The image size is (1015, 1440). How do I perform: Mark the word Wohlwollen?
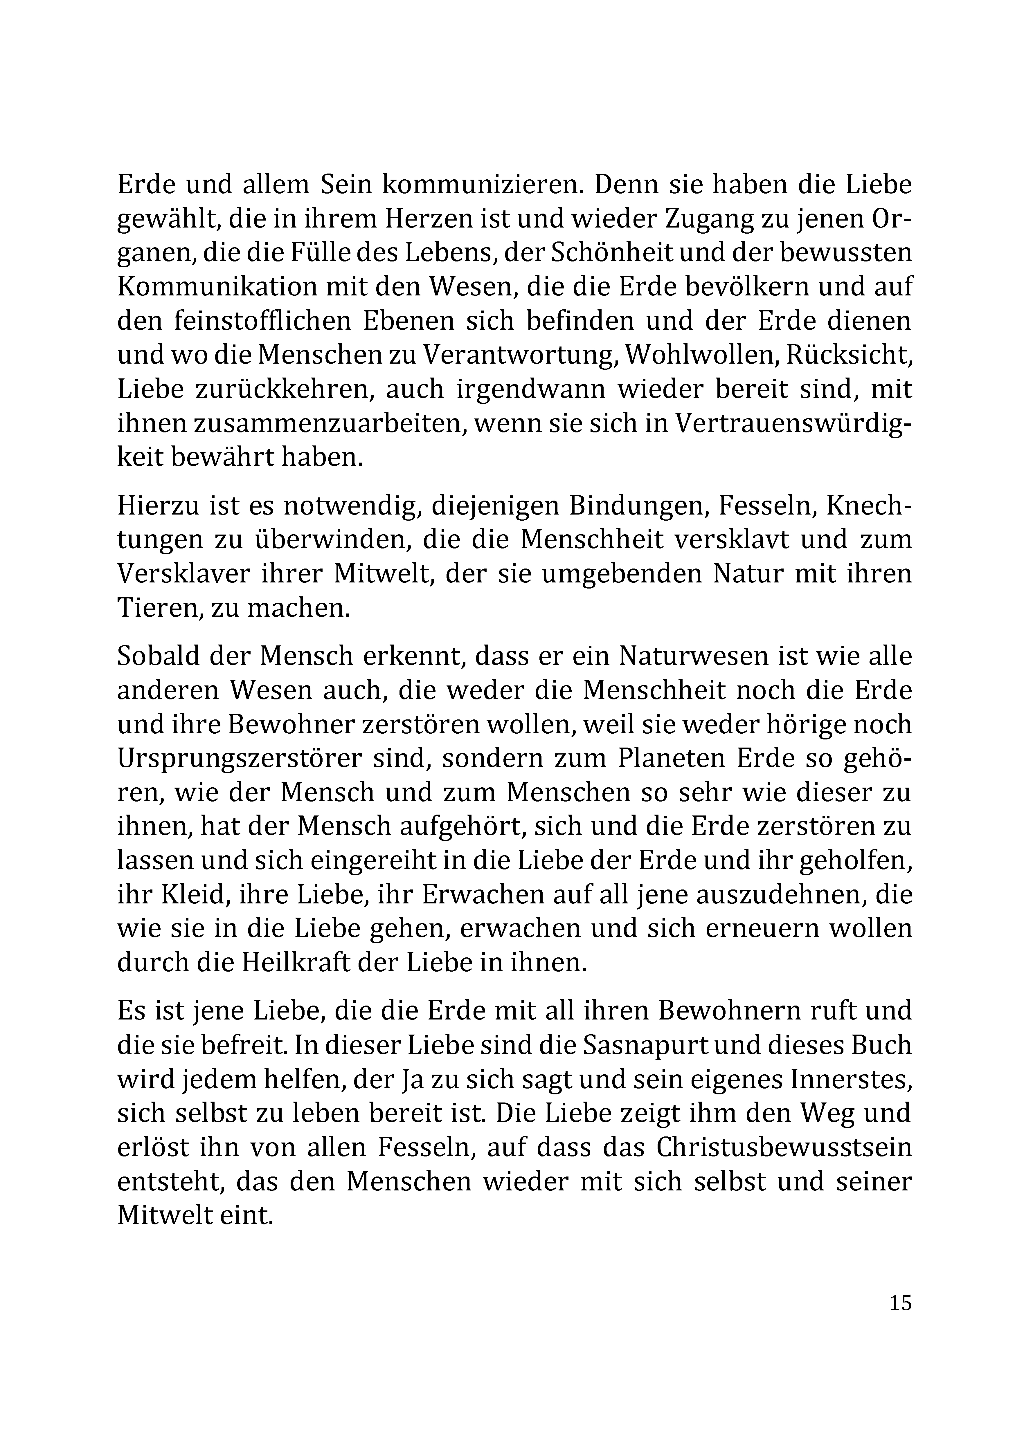tap(690, 355)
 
